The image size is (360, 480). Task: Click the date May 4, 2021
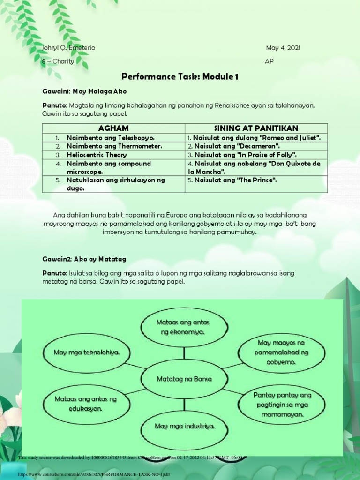click(x=283, y=48)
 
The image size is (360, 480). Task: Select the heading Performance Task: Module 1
click(x=180, y=76)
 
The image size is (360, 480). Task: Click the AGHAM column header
click(x=113, y=128)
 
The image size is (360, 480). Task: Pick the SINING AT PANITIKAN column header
click(x=256, y=128)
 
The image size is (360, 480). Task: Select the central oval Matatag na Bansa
click(x=184, y=378)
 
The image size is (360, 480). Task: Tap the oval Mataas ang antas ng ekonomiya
click(x=183, y=327)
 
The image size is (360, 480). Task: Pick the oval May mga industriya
click(x=185, y=426)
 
